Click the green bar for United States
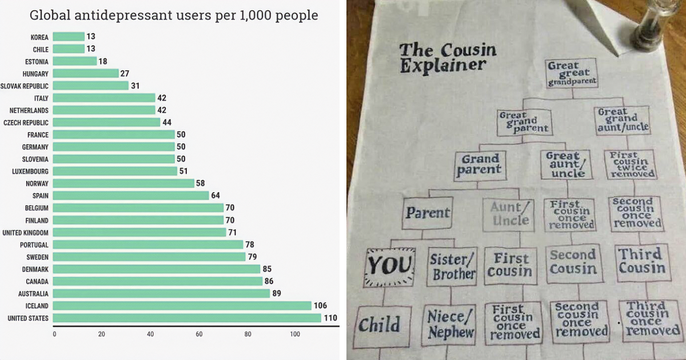187,318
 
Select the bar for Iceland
182,306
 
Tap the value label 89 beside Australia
277,293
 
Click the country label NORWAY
37,183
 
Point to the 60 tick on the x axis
199,333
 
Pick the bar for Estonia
75,61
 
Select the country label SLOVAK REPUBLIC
25,86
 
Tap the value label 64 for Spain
216,195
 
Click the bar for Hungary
86,74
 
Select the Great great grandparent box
571,74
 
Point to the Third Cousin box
642,261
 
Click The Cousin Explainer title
447,57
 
